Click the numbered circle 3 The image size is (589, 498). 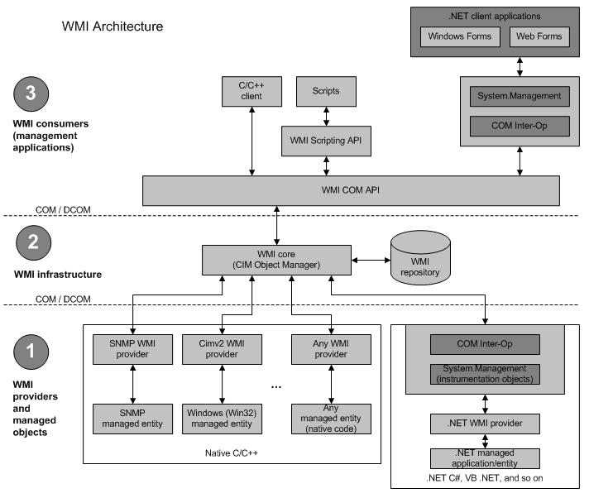31,93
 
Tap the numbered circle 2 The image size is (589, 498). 33,242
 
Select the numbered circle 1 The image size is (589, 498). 31,352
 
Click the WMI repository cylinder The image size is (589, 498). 420,257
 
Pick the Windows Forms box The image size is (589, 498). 460,36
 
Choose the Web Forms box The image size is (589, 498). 539,36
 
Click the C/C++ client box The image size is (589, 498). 251,92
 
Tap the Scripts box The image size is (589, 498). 326,92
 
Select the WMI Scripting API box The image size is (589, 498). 326,141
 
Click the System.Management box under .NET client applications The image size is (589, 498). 520,97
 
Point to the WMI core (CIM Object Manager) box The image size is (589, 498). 276,261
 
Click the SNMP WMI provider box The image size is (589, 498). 132,349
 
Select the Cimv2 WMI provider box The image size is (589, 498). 222,349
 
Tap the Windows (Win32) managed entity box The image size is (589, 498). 222,419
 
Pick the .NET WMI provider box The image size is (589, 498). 485,424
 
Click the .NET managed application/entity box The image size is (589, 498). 485,458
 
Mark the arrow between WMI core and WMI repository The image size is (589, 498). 371,261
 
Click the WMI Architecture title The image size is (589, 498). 113,26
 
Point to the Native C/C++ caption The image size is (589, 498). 232,453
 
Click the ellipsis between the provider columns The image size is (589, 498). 276,387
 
